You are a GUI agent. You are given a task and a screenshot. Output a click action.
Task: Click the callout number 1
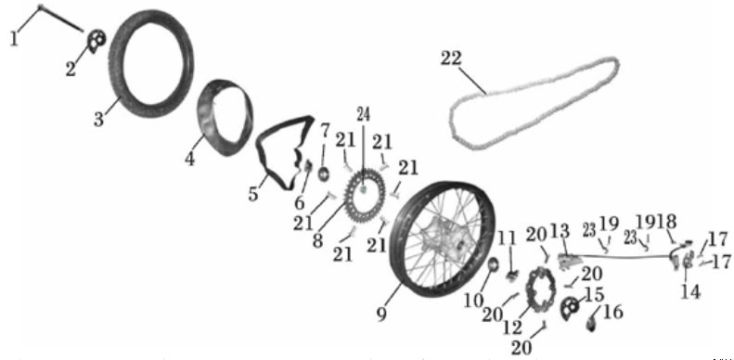pyautogui.click(x=12, y=39)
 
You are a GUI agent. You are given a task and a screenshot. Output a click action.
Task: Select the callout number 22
pyautogui.click(x=450, y=58)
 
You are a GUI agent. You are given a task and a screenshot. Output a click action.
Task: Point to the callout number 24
pyautogui.click(x=363, y=116)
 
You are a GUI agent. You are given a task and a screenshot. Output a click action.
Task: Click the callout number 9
pyautogui.click(x=380, y=314)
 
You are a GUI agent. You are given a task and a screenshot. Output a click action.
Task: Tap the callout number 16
pyautogui.click(x=612, y=313)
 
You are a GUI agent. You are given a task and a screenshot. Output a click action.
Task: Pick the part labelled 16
pyautogui.click(x=591, y=321)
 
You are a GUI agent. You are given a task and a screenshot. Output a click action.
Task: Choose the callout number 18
pyautogui.click(x=667, y=222)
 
